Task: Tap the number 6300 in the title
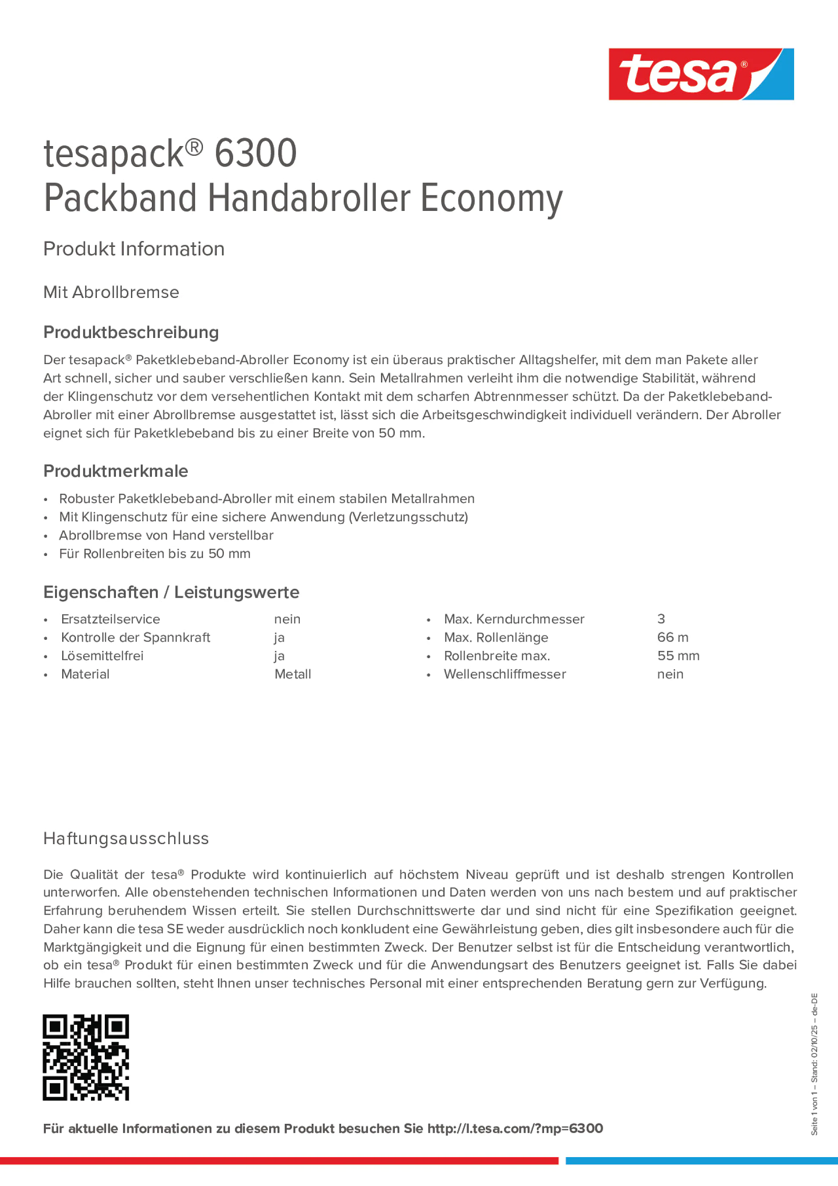click(x=255, y=154)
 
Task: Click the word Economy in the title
click(x=491, y=198)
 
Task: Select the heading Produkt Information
click(x=134, y=249)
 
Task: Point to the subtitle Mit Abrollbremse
click(x=111, y=292)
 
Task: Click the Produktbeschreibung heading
click(x=131, y=332)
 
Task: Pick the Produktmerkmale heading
click(x=116, y=471)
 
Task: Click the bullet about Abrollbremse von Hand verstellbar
click(x=166, y=535)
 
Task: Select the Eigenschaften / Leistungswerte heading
click(x=171, y=592)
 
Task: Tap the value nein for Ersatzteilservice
click(x=287, y=619)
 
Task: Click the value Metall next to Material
click(x=292, y=674)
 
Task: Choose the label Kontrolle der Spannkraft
click(x=135, y=638)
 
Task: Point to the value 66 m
click(x=673, y=638)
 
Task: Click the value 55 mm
click(x=679, y=656)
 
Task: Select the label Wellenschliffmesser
click(x=505, y=674)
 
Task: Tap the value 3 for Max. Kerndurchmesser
click(x=661, y=619)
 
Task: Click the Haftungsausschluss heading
click(x=126, y=838)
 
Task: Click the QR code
click(x=86, y=1057)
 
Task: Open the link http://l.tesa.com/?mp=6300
click(x=515, y=1129)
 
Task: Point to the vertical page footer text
click(x=814, y=1064)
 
